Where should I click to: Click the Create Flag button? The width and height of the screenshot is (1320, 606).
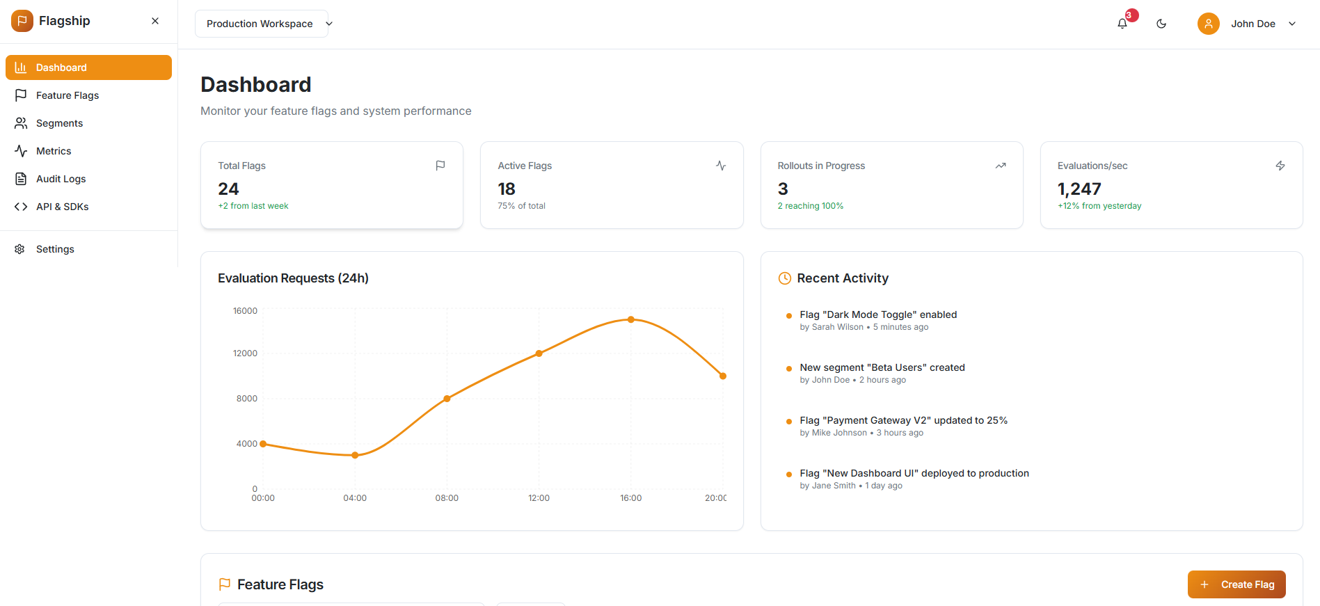pyautogui.click(x=1236, y=584)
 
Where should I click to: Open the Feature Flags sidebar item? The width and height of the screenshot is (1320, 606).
pyautogui.click(x=67, y=95)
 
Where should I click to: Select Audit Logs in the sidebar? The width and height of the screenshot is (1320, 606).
pyautogui.click(x=61, y=179)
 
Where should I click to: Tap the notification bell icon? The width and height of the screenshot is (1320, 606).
pyautogui.click(x=1122, y=24)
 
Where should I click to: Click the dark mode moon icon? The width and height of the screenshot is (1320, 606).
pyautogui.click(x=1161, y=24)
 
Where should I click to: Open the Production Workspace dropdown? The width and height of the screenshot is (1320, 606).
pyautogui.click(x=262, y=24)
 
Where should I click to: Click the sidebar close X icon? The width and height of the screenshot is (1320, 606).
pyautogui.click(x=155, y=21)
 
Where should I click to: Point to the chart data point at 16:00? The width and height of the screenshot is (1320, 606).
pyautogui.click(x=631, y=319)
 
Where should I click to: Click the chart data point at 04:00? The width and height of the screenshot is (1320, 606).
pyautogui.click(x=355, y=455)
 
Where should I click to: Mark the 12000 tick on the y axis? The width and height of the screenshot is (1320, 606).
pyautogui.click(x=245, y=353)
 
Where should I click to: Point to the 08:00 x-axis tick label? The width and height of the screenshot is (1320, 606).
pyautogui.click(x=447, y=498)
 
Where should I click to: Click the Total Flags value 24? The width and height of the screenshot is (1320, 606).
pyautogui.click(x=228, y=189)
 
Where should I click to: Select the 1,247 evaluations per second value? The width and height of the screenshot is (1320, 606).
pyautogui.click(x=1079, y=189)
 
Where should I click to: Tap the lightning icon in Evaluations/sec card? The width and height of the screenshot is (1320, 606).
pyautogui.click(x=1280, y=166)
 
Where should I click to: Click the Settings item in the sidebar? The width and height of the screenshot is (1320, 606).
pyautogui.click(x=55, y=249)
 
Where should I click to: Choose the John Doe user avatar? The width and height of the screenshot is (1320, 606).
pyautogui.click(x=1208, y=24)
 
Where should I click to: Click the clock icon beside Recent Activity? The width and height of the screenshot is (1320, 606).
pyautogui.click(x=784, y=278)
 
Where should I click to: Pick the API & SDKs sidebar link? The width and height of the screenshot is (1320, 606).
pyautogui.click(x=62, y=207)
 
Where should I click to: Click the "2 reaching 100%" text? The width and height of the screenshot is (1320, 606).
pyautogui.click(x=810, y=206)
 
